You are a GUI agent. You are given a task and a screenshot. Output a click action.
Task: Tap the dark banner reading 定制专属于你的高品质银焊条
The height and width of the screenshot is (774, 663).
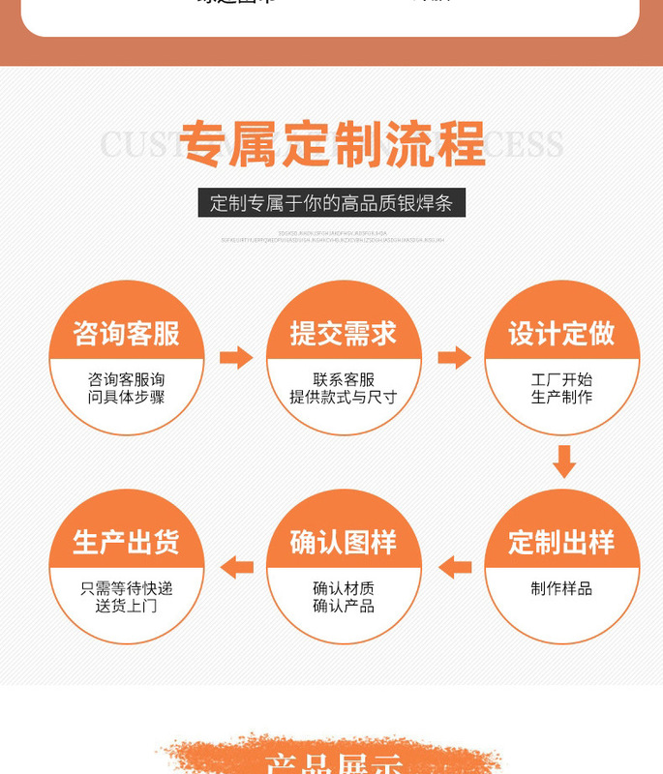(332, 203)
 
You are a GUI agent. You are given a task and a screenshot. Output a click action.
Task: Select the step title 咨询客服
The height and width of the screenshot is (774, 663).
(127, 334)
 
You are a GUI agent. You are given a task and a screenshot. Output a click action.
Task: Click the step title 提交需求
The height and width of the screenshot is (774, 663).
(344, 334)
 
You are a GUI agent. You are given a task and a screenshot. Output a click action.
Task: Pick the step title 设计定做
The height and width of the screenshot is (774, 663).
(561, 334)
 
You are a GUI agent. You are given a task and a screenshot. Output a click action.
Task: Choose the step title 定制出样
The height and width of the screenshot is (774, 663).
(561, 542)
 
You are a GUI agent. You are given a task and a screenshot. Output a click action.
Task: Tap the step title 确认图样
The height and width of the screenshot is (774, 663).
(344, 542)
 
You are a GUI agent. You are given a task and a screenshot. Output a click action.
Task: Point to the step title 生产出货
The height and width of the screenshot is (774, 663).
(127, 542)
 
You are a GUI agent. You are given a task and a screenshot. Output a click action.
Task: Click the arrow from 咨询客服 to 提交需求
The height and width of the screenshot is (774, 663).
(235, 358)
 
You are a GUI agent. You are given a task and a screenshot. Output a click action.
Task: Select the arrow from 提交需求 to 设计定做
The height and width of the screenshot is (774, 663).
(453, 358)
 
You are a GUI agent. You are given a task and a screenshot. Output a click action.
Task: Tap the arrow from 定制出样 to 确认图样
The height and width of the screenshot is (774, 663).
(454, 567)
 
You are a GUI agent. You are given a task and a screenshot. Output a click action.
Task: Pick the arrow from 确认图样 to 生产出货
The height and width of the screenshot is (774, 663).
(236, 567)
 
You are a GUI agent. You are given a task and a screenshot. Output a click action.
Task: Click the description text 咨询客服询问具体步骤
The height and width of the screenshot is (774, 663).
(127, 388)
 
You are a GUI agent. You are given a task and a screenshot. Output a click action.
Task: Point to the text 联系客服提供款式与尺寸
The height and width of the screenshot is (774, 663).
(344, 388)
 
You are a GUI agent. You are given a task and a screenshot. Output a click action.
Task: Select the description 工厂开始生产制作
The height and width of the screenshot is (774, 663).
(561, 388)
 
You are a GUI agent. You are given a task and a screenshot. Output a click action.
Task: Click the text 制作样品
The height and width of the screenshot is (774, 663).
(561, 588)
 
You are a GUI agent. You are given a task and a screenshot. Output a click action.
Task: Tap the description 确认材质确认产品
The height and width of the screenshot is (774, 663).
(344, 597)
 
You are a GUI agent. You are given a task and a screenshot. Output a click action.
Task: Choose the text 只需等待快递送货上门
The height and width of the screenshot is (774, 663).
(127, 597)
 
